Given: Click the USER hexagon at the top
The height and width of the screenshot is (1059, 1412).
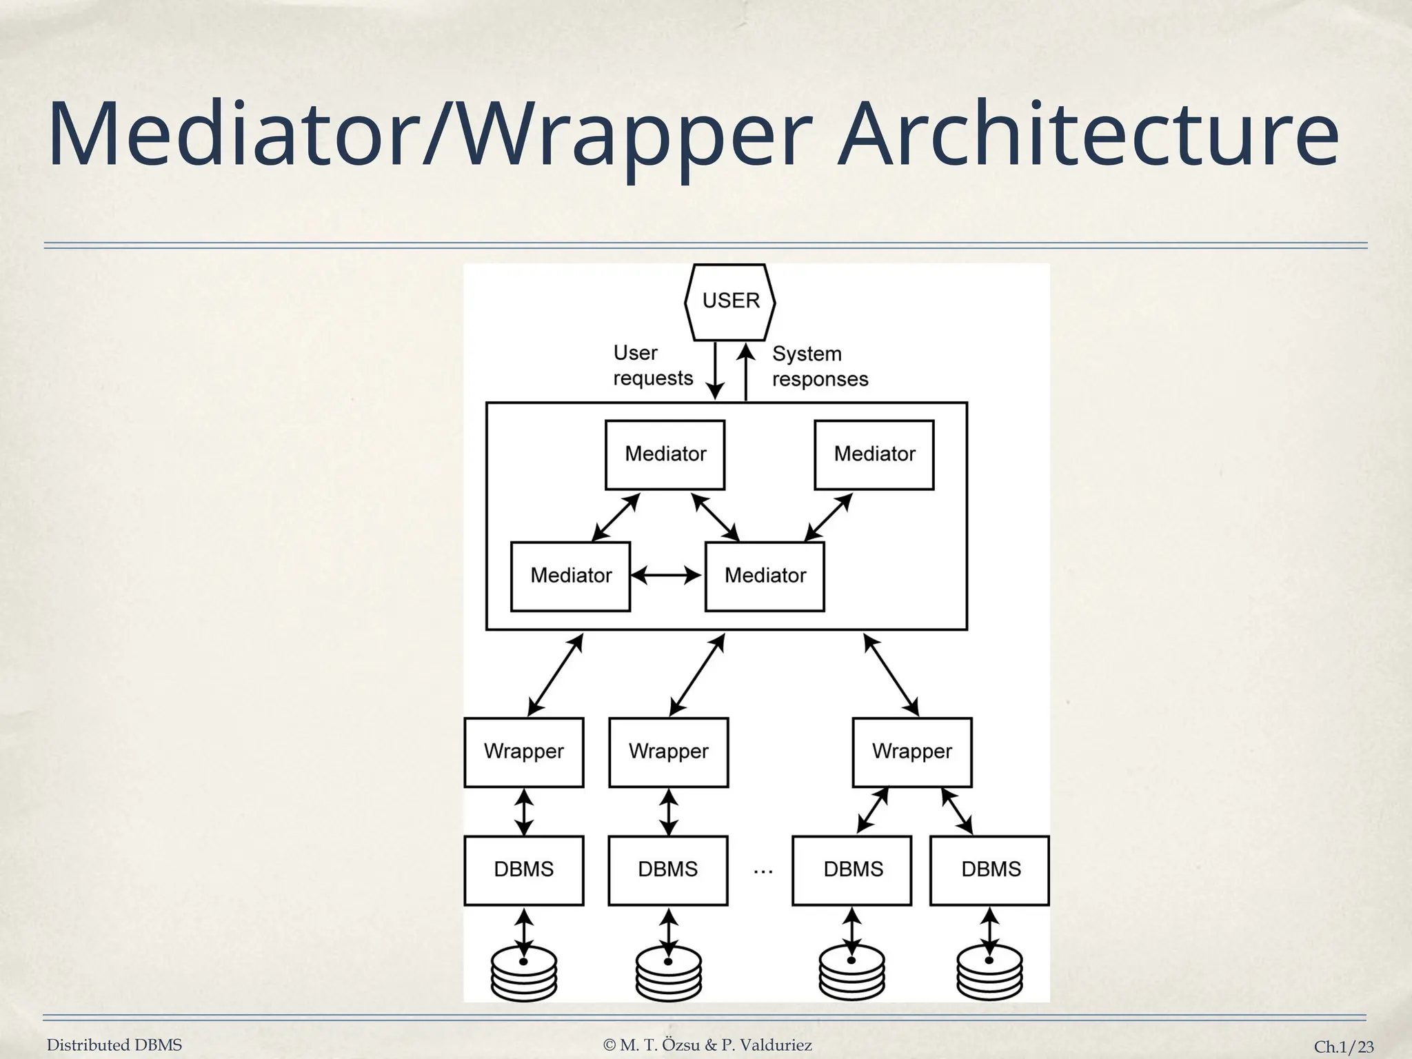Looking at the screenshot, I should [x=730, y=302].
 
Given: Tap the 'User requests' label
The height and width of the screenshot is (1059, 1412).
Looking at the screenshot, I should [x=652, y=365].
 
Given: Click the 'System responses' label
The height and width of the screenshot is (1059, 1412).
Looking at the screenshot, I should [x=820, y=366].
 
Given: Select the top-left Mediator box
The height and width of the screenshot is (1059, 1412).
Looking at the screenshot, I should [x=665, y=454].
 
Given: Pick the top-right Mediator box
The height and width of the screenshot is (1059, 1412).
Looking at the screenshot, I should [x=874, y=454].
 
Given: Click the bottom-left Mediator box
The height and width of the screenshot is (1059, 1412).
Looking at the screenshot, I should [x=570, y=576].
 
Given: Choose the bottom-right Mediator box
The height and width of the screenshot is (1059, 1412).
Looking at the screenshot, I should [x=765, y=576].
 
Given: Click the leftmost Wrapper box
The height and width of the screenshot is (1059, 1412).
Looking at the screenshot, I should [x=523, y=752].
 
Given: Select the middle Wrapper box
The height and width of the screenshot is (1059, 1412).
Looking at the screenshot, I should [x=668, y=752].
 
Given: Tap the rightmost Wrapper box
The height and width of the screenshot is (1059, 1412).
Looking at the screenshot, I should [x=911, y=752].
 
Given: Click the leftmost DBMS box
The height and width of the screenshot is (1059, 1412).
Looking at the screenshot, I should [x=523, y=869].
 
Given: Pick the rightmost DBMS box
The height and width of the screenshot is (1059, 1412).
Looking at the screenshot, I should [x=990, y=869].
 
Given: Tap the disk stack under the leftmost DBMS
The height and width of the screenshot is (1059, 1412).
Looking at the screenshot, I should [x=524, y=974].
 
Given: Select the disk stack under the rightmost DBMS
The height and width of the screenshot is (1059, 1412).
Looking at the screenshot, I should [x=990, y=974].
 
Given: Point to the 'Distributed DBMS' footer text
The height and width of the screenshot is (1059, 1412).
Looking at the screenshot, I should [x=114, y=1045].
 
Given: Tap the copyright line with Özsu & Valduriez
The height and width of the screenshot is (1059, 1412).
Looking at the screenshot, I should [x=707, y=1045].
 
